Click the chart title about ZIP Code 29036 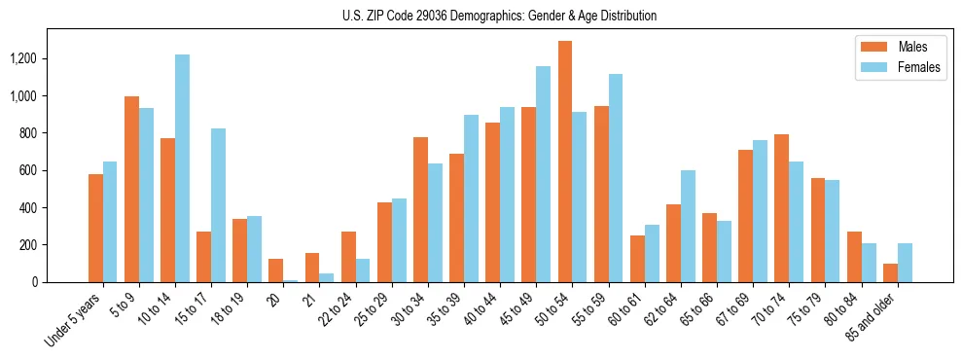click(x=499, y=16)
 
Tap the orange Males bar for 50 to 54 click(x=565, y=162)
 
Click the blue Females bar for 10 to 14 click(x=182, y=168)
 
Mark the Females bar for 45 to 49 click(x=543, y=174)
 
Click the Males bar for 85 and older click(x=891, y=272)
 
